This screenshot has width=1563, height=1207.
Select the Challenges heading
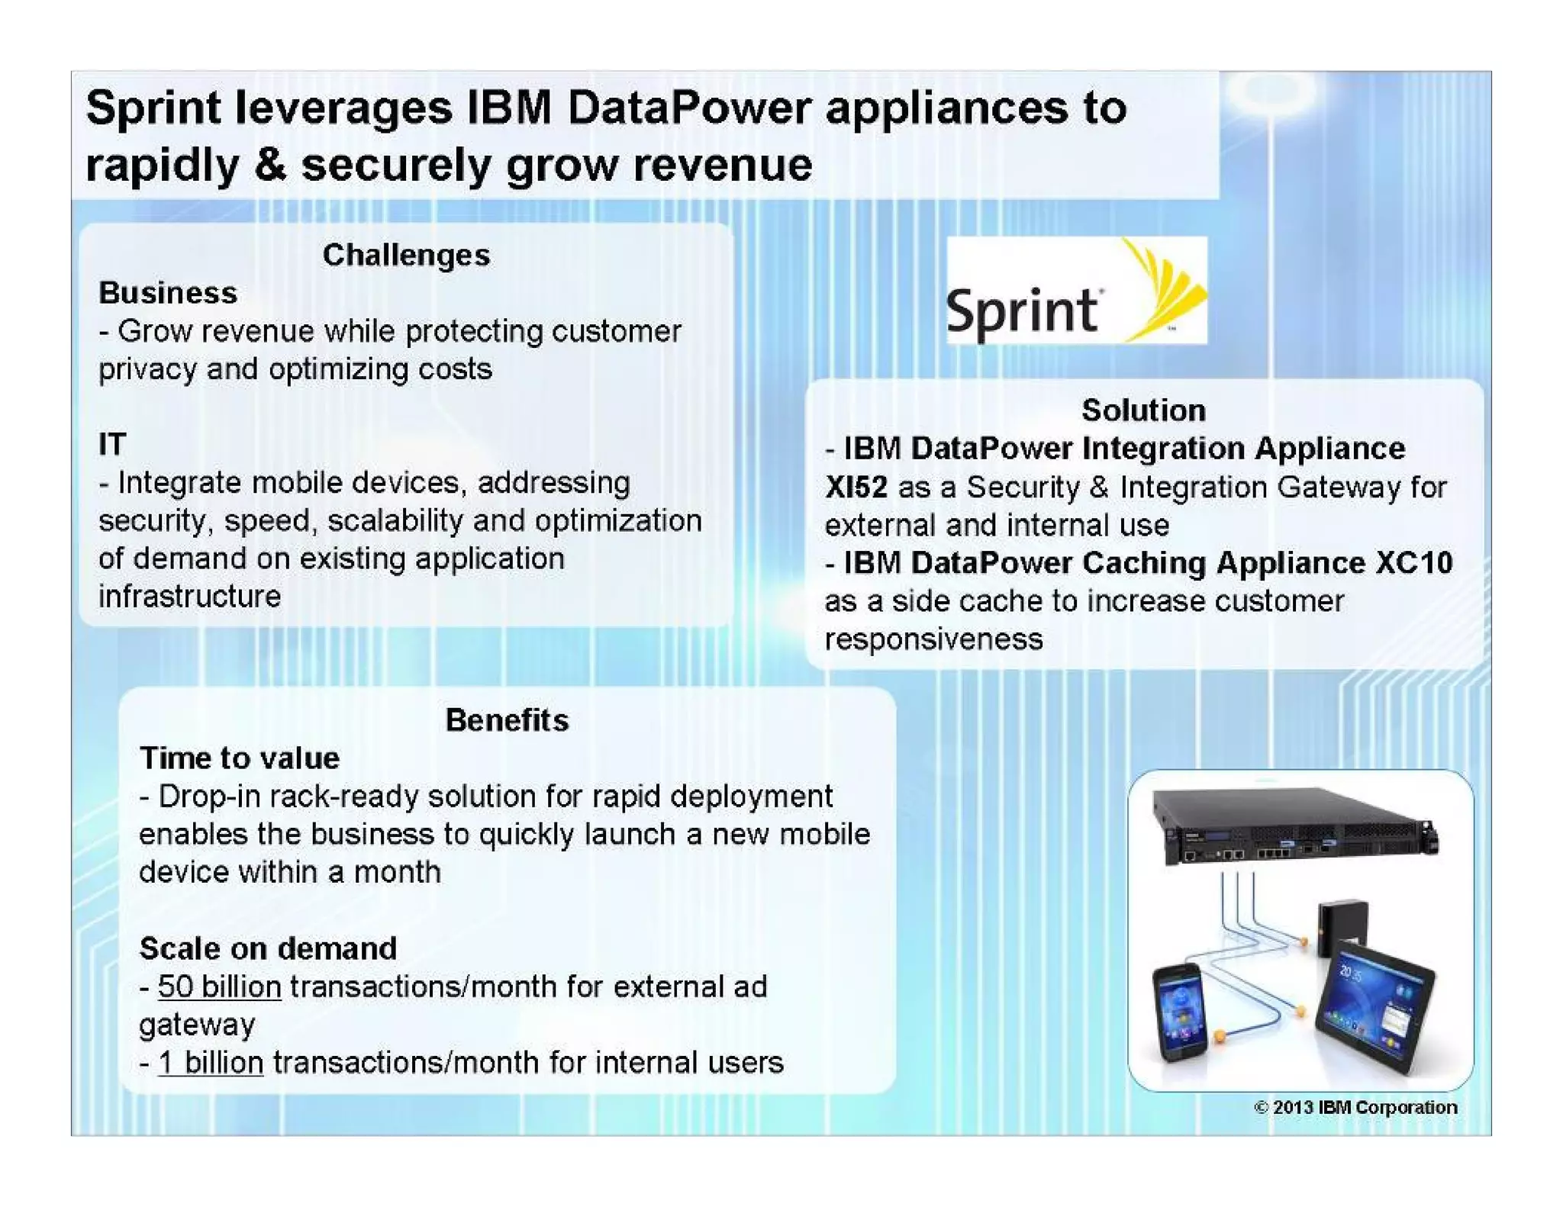coord(406,255)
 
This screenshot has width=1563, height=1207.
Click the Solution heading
coord(1143,410)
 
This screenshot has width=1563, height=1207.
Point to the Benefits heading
coord(507,720)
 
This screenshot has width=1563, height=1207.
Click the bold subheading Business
coord(168,293)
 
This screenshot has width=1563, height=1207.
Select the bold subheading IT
coord(111,444)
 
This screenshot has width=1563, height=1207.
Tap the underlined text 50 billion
coord(219,987)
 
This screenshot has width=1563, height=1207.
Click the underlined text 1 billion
coord(211,1062)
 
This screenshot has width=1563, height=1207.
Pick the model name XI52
coord(856,487)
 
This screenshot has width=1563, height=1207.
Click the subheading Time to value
coord(239,758)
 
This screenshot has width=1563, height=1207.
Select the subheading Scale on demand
coord(268,948)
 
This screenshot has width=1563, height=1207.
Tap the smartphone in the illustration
coord(1181,1011)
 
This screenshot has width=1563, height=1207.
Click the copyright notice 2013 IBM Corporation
coord(1355,1107)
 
